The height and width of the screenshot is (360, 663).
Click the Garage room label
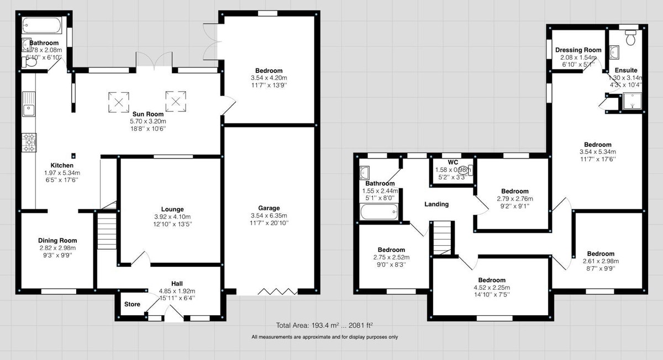click(x=268, y=208)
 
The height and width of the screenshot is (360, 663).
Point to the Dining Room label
click(x=57, y=240)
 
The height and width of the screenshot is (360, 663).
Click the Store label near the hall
click(x=131, y=304)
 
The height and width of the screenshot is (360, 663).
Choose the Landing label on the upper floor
click(x=436, y=204)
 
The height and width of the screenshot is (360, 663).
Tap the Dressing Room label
click(x=578, y=50)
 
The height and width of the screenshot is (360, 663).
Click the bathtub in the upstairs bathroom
click(x=378, y=211)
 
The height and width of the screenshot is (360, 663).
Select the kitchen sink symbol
click(x=29, y=105)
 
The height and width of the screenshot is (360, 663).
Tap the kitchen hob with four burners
click(x=29, y=142)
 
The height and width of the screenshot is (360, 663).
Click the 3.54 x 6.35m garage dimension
click(x=268, y=215)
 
